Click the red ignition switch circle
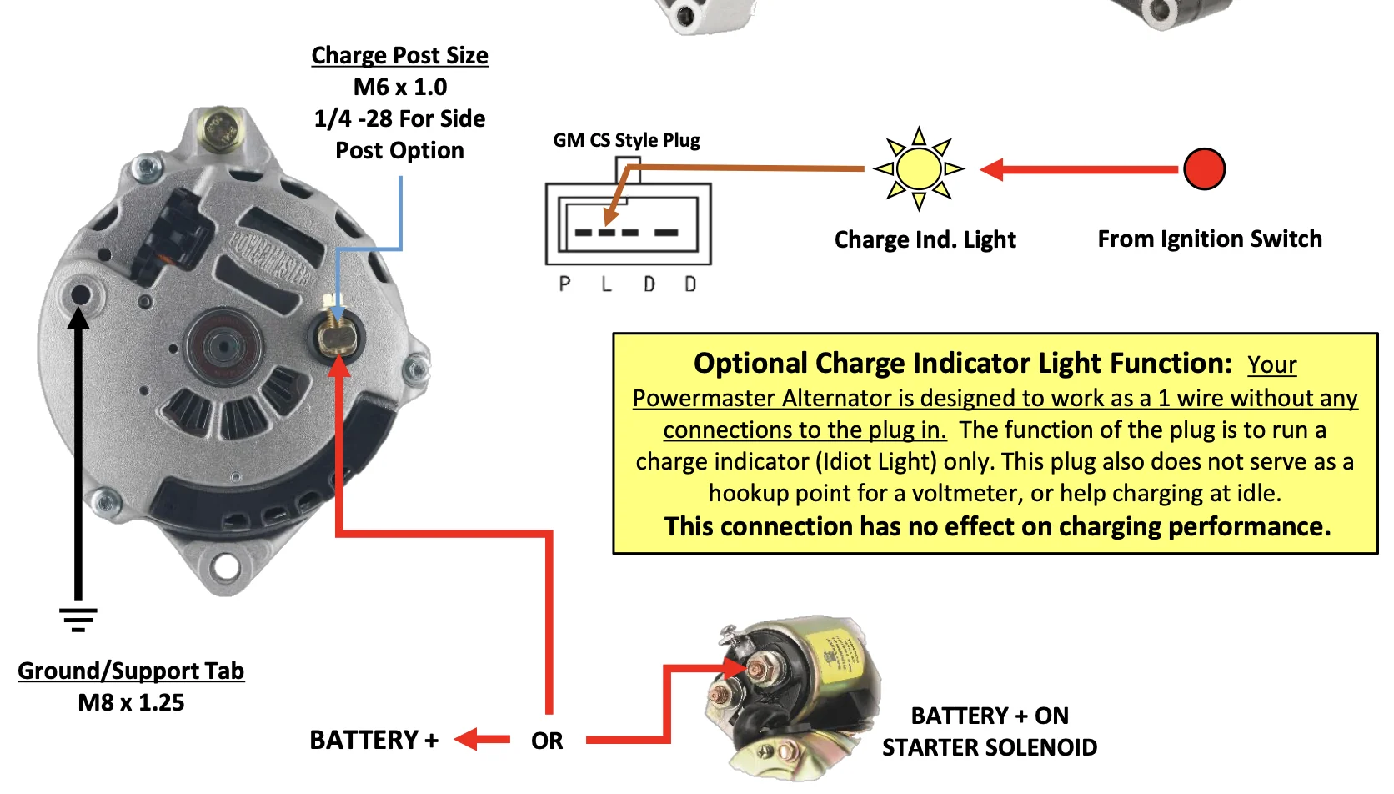tap(1204, 169)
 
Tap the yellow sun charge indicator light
tap(919, 168)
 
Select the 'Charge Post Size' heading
tap(399, 55)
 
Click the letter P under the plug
tap(564, 284)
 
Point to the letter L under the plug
tap(606, 284)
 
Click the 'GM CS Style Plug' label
tap(626, 140)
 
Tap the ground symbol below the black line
tap(78, 619)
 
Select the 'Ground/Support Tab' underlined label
tap(131, 671)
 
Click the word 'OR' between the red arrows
tap(547, 741)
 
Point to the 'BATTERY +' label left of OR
tap(374, 740)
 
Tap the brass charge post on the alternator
tap(338, 336)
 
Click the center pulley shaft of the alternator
tap(223, 345)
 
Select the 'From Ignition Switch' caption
tap(1210, 239)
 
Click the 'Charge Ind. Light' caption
tap(925, 240)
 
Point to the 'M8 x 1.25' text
tap(131, 702)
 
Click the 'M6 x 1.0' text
tap(399, 87)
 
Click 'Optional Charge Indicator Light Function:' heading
tap(962, 364)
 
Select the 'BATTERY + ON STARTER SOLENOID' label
tap(990, 731)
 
